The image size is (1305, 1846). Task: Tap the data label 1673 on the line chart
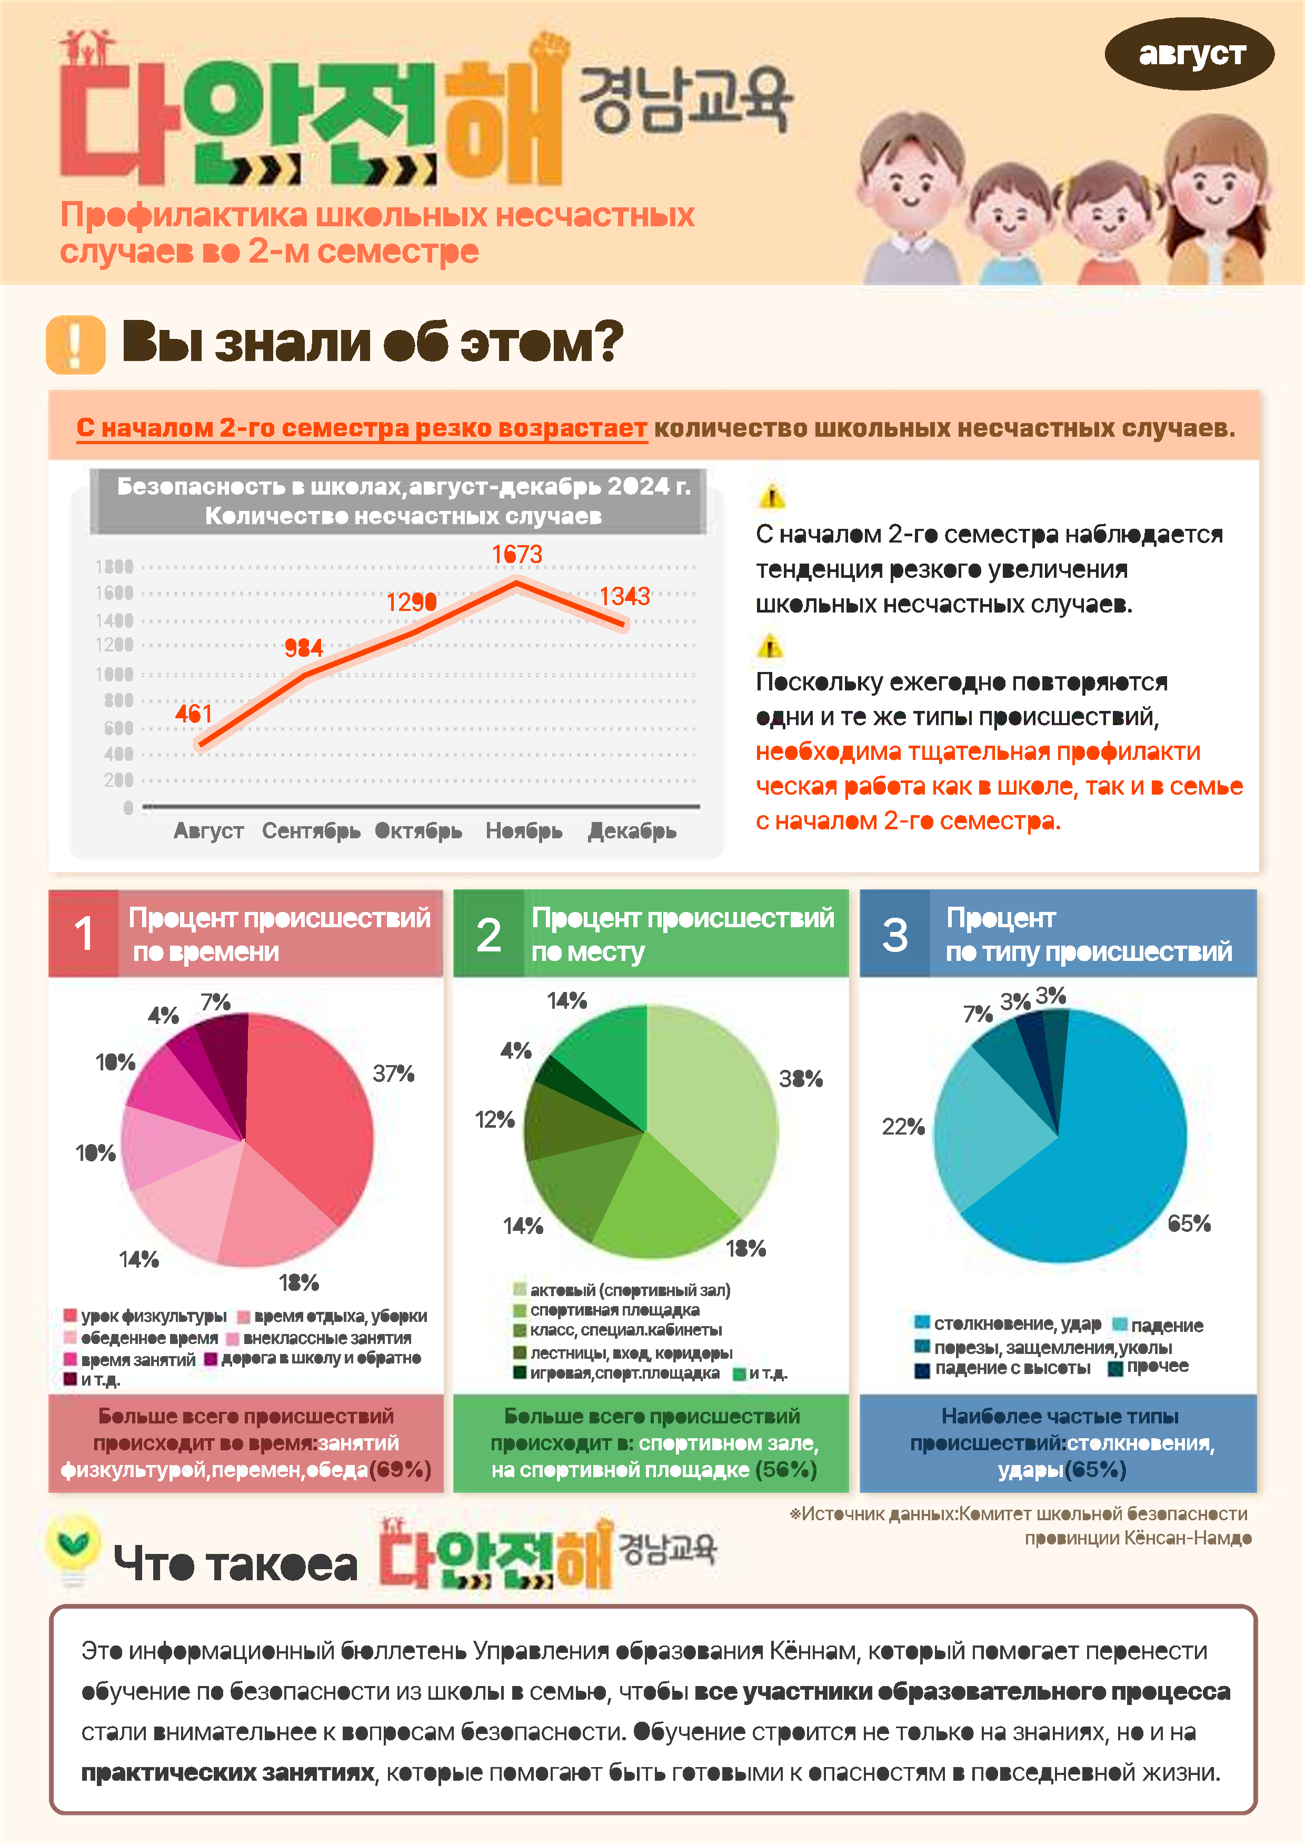pyautogui.click(x=517, y=554)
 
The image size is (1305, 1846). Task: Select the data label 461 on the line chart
pyautogui.click(x=194, y=713)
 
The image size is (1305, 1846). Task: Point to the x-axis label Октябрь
pyautogui.click(x=418, y=830)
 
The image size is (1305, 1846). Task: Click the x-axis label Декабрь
pyautogui.click(x=632, y=830)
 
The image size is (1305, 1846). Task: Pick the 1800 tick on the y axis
pyautogui.click(x=114, y=566)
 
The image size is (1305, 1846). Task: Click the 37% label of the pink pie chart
pyautogui.click(x=393, y=1074)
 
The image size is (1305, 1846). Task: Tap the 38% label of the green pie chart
pyautogui.click(x=800, y=1078)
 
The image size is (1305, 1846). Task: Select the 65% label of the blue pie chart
pyautogui.click(x=1189, y=1223)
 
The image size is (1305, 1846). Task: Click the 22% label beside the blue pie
pyautogui.click(x=903, y=1127)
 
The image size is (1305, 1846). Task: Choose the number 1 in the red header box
pyautogui.click(x=84, y=934)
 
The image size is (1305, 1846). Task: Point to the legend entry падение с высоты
pyautogui.click(x=1011, y=1368)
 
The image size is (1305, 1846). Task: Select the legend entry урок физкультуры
pyautogui.click(x=153, y=1316)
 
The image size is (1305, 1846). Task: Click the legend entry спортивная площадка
pyautogui.click(x=614, y=1310)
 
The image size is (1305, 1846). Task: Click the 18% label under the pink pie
pyautogui.click(x=298, y=1282)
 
